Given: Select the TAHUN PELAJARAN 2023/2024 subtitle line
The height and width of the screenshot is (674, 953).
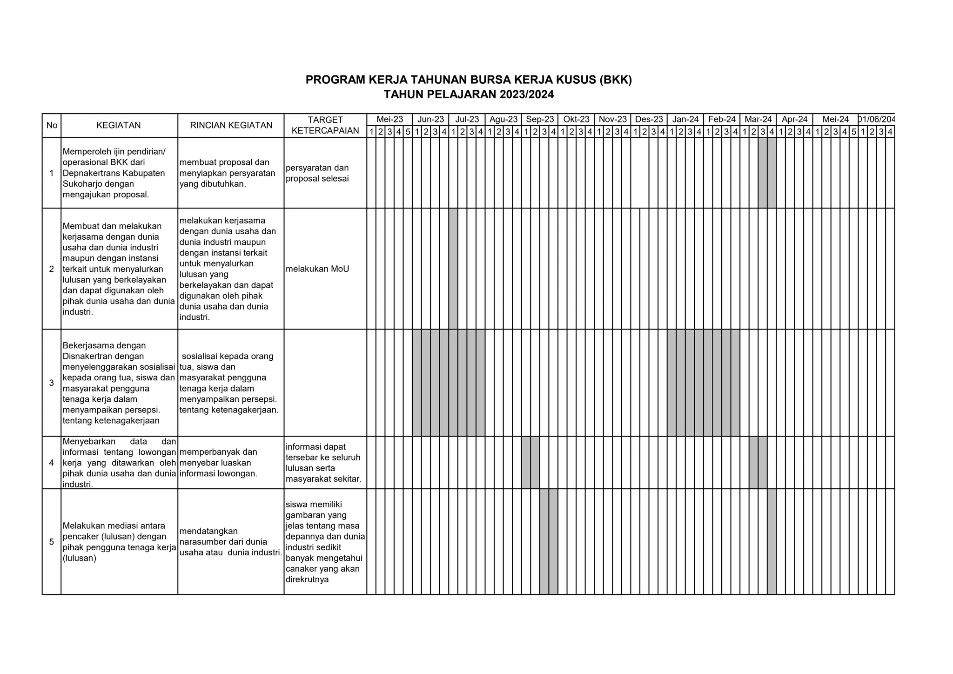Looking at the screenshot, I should click(x=469, y=95).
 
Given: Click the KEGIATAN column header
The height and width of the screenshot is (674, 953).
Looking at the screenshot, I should click(x=119, y=125).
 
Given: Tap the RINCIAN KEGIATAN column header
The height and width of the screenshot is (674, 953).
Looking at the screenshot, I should click(x=231, y=125).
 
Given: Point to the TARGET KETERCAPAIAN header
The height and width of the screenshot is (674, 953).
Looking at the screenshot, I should click(x=325, y=125).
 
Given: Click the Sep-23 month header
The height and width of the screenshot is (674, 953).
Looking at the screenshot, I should click(x=540, y=120).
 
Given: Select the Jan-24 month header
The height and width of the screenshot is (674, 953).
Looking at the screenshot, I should click(x=685, y=120).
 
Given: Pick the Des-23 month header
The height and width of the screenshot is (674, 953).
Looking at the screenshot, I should click(x=649, y=120).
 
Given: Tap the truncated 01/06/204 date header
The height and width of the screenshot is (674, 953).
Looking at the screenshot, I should click(x=877, y=120).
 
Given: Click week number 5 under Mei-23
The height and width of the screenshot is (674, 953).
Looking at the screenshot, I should click(x=408, y=132).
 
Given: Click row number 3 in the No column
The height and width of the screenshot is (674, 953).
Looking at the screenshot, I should click(x=52, y=383).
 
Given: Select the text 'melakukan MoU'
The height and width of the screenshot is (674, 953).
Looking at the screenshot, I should click(x=317, y=269).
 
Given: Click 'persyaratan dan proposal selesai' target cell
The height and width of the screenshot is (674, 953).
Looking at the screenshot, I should click(x=317, y=173).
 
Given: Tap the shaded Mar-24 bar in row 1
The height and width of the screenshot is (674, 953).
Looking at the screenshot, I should click(x=767, y=173).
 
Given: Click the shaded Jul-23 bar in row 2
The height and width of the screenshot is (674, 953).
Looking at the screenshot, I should click(x=453, y=269).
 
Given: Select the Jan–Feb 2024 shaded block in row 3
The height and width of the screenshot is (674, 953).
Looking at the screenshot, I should click(x=703, y=383).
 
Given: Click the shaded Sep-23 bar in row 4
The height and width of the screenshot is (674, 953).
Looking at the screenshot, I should click(x=530, y=462).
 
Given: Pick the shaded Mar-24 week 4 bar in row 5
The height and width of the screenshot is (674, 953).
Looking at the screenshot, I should click(x=772, y=541).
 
